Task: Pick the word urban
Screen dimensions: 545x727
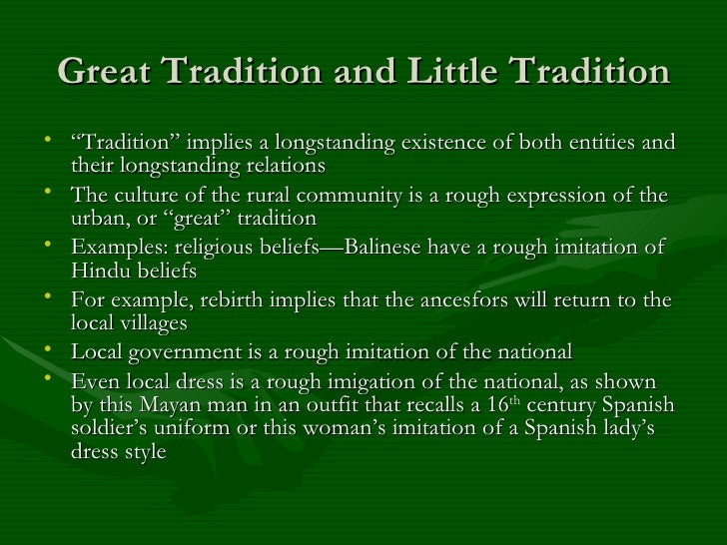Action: pos(101,218)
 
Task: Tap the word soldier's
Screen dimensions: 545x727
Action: pos(112,428)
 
